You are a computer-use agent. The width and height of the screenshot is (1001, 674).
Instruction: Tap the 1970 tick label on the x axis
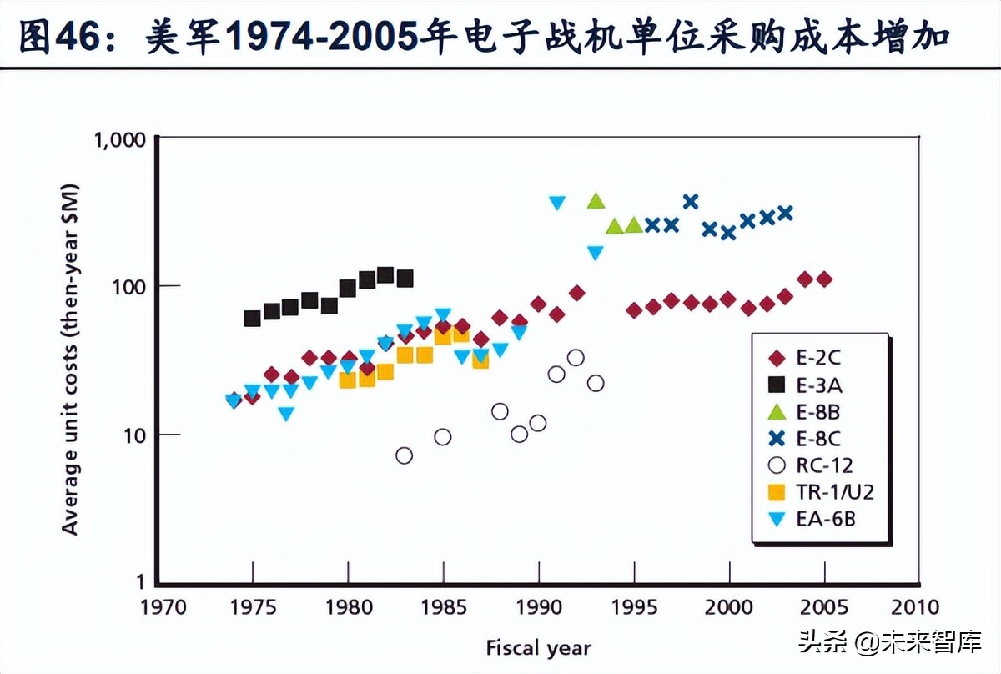click(x=158, y=606)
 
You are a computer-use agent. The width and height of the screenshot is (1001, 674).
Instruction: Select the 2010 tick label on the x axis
click(x=915, y=606)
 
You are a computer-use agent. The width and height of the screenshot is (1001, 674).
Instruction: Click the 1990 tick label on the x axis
click(x=538, y=606)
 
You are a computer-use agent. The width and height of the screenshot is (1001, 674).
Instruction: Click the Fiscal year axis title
click(x=538, y=647)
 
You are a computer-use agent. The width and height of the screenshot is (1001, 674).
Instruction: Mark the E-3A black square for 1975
click(x=253, y=319)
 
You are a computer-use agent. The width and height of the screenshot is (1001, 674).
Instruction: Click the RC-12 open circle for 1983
click(x=405, y=455)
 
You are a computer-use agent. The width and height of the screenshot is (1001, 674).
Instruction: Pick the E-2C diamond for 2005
click(x=824, y=279)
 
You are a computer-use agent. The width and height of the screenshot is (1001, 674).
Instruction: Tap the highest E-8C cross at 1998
click(x=691, y=201)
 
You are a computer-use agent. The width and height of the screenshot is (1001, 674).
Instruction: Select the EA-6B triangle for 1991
click(x=557, y=203)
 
